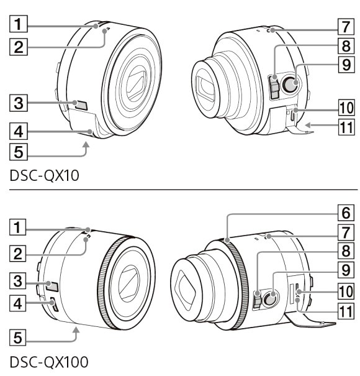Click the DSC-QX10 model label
[45, 176]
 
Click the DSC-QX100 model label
[49, 362]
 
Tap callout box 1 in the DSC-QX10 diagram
[19, 24]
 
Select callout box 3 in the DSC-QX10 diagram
[19, 103]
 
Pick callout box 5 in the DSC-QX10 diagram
[19, 152]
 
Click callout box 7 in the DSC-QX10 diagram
[346, 26]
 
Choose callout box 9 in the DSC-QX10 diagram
[346, 64]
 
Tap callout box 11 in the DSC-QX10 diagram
[346, 127]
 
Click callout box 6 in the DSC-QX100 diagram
[346, 213]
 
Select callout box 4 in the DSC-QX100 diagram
[18, 303]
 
